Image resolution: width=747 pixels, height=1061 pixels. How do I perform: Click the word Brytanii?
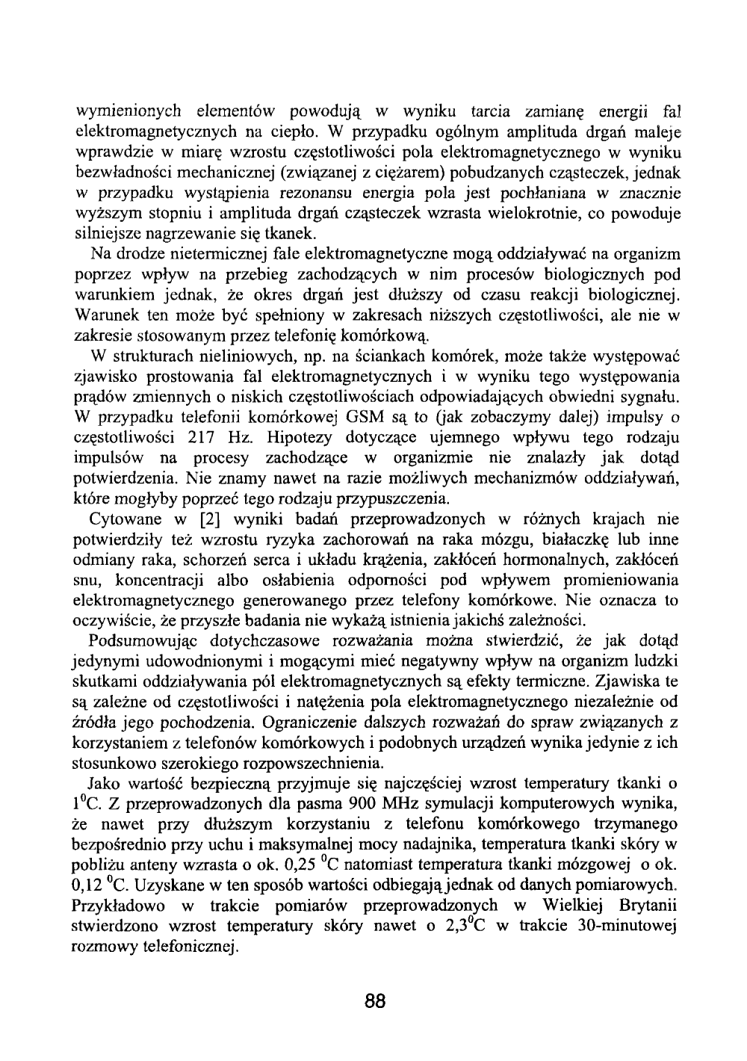pyautogui.click(x=648, y=906)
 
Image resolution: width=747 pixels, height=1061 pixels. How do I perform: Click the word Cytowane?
pyautogui.click(x=120, y=519)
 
